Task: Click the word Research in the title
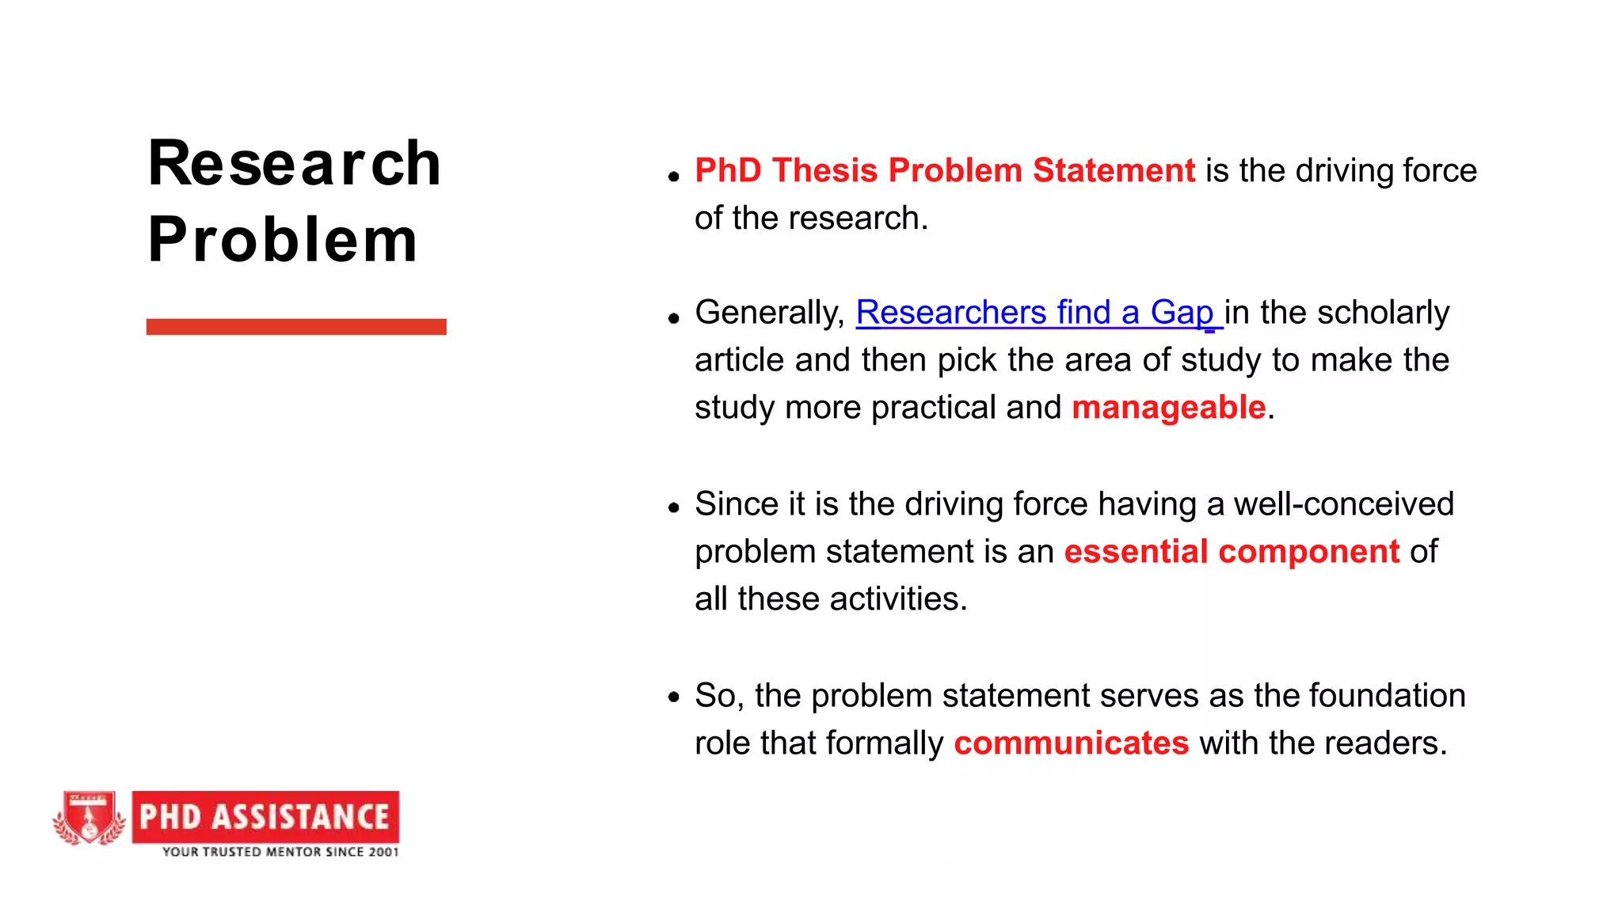click(x=294, y=164)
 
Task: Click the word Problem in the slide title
click(x=282, y=240)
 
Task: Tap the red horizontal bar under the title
click(x=296, y=327)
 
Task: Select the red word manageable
click(x=1168, y=408)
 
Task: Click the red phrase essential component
click(x=1232, y=552)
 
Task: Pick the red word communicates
click(x=1071, y=743)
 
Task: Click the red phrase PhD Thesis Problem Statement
click(x=944, y=171)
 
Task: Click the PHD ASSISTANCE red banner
click(x=265, y=817)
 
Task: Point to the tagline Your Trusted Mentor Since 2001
click(x=280, y=852)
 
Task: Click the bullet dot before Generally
click(x=674, y=319)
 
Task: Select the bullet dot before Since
click(x=674, y=507)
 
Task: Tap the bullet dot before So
click(x=674, y=697)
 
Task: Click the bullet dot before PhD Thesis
click(x=674, y=177)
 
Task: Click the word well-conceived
click(x=1343, y=504)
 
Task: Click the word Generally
click(x=769, y=313)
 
